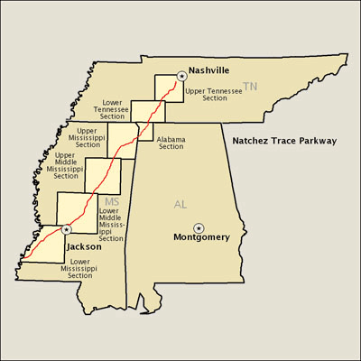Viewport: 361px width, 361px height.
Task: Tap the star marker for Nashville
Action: [x=181, y=77]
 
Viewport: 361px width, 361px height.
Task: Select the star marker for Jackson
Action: [x=67, y=230]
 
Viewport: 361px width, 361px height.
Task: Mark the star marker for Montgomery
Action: [x=199, y=226]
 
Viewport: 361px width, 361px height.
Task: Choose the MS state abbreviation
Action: [x=112, y=200]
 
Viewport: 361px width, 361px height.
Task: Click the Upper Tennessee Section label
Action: [x=207, y=94]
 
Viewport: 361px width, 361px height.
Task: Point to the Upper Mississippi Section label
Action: [x=88, y=137]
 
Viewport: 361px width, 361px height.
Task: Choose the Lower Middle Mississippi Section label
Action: [x=111, y=225]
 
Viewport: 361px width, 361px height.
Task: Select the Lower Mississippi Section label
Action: [x=60, y=268]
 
